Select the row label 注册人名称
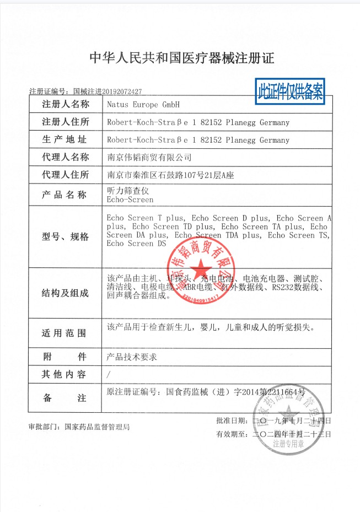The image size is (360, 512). tap(65, 104)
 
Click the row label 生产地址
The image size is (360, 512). tap(65, 139)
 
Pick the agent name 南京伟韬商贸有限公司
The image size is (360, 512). tap(149, 158)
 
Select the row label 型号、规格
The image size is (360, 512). tap(65, 236)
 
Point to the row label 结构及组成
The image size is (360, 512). tap(65, 293)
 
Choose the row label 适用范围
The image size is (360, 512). tap(65, 333)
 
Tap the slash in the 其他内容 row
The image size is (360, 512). tap(109, 375)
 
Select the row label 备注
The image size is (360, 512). tap(65, 397)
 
